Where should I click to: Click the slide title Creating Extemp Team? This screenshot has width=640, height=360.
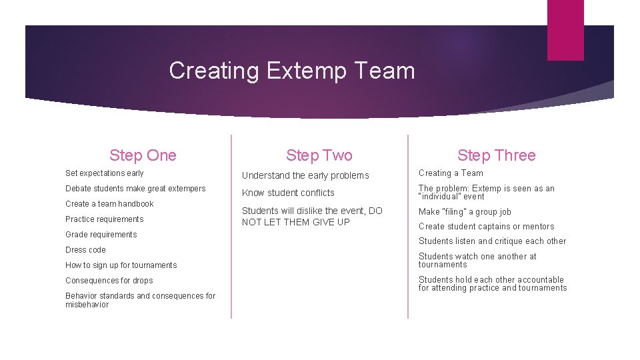[x=291, y=71]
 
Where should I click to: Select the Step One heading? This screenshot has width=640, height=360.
[x=143, y=155]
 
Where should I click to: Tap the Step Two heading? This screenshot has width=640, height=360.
[x=319, y=155]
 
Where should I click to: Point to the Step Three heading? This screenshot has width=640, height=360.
[x=496, y=155]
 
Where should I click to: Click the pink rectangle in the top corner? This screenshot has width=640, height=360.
[x=565, y=30]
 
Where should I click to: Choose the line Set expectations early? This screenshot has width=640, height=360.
[x=105, y=173]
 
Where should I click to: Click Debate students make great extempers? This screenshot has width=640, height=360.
[x=135, y=189]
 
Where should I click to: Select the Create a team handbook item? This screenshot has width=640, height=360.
[x=109, y=204]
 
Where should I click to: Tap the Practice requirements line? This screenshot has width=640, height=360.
[x=105, y=219]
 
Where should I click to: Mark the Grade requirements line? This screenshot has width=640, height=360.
[x=101, y=235]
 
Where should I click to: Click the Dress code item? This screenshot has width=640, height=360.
[x=85, y=250]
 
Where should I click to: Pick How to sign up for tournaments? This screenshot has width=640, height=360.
[x=121, y=265]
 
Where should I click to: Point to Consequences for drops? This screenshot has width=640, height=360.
[x=109, y=281]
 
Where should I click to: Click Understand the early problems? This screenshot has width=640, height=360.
[x=305, y=175]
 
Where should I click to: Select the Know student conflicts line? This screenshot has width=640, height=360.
[x=288, y=193]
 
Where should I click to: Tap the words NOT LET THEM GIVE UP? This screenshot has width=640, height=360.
[x=295, y=222]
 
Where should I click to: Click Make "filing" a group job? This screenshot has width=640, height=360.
[x=465, y=212]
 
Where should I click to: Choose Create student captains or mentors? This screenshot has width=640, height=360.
[x=486, y=227]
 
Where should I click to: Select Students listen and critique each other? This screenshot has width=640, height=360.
[x=492, y=241]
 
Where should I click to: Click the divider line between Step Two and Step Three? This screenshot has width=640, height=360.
[x=407, y=227]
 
